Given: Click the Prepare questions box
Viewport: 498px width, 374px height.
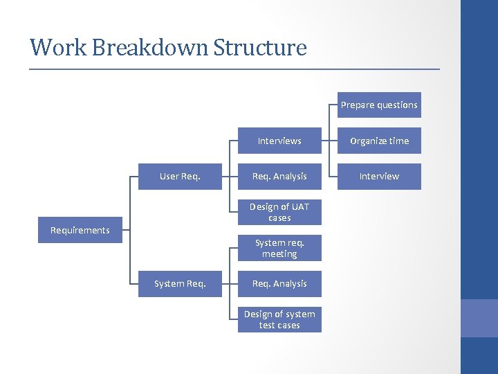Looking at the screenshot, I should [x=379, y=105].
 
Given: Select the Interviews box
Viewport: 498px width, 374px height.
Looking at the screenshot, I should [x=279, y=141].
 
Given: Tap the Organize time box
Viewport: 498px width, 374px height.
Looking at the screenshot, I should [x=379, y=141].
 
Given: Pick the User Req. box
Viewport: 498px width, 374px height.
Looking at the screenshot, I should [x=180, y=176].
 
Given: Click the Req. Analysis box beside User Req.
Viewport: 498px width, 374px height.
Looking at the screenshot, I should [x=279, y=176].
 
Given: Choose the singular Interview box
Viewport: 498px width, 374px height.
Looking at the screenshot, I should [x=379, y=176].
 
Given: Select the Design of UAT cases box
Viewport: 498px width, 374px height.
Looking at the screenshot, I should [x=279, y=212].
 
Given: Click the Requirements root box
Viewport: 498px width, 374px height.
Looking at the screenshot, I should [x=80, y=230].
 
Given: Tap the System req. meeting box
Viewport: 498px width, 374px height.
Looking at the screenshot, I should [x=279, y=248].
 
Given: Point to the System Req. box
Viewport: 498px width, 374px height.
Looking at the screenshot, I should [x=180, y=283].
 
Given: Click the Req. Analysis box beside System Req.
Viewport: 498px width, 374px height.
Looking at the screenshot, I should [x=279, y=283].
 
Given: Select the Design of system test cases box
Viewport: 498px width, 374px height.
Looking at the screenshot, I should [x=279, y=319].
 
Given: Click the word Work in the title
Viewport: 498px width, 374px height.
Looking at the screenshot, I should [x=58, y=48].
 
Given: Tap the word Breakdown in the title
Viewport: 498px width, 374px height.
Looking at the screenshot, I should [x=150, y=48].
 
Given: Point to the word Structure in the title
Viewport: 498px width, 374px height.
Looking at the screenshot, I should [x=260, y=48].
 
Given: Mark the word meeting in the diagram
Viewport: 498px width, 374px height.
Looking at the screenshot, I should [x=279, y=254].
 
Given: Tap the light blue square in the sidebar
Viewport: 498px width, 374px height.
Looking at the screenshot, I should [x=479, y=318].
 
